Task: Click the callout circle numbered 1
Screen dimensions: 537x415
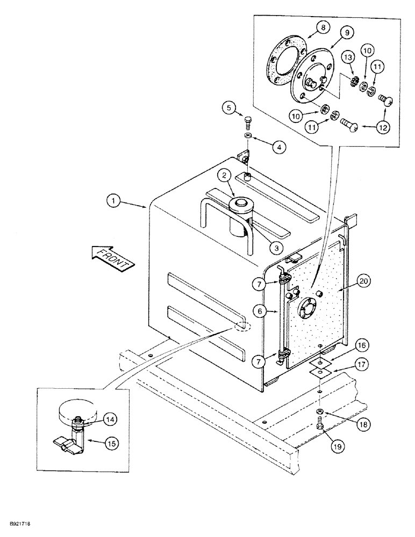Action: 113,202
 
